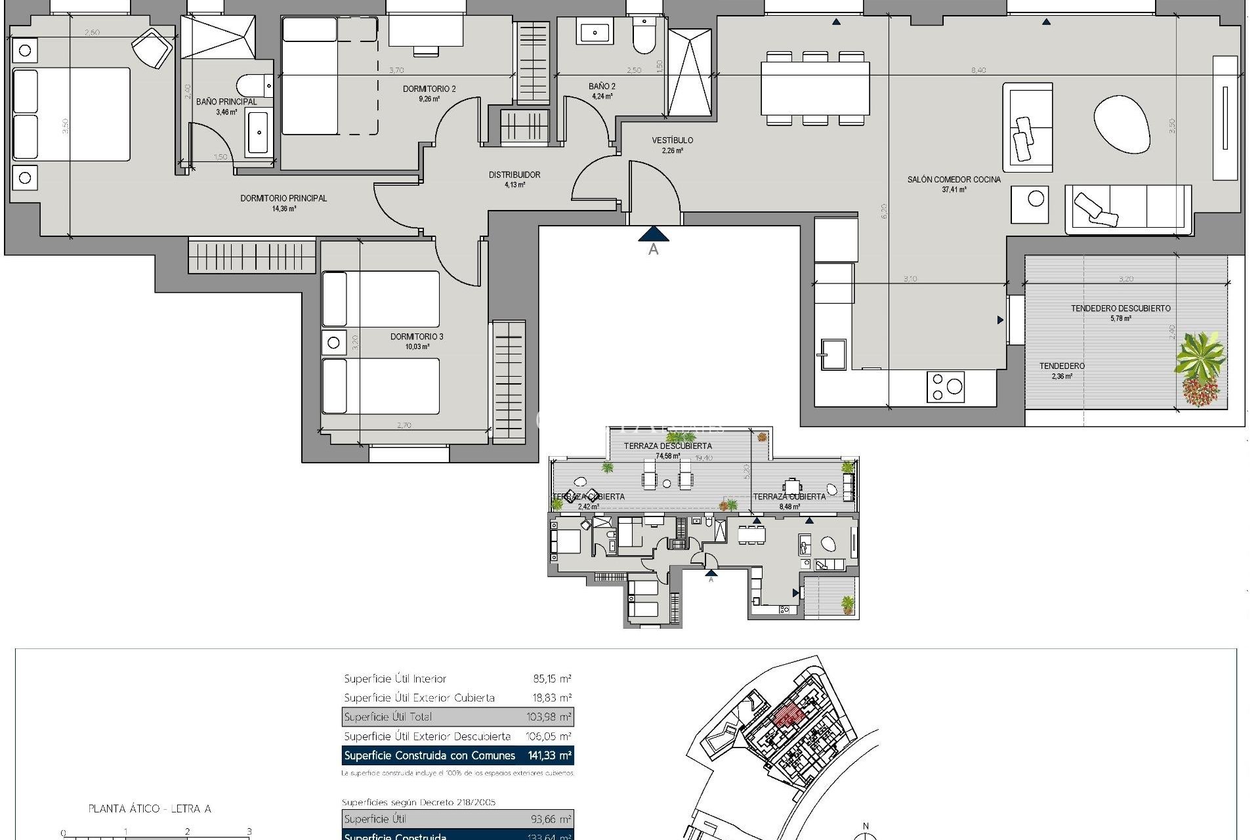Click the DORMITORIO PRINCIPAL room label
click(283, 198)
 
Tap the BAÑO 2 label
click(601, 87)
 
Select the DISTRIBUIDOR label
click(514, 175)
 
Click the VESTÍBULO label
click(672, 140)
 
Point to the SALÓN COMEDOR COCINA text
click(954, 179)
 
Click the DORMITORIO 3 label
click(417, 337)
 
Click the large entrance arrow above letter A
click(653, 234)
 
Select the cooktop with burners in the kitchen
click(945, 387)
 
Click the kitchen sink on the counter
click(832, 354)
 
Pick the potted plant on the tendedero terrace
click(1200, 368)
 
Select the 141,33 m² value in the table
click(549, 755)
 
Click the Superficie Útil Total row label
click(388, 717)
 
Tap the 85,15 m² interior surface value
click(552, 679)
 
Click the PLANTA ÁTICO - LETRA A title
click(150, 808)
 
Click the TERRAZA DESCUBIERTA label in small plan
click(667, 446)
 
